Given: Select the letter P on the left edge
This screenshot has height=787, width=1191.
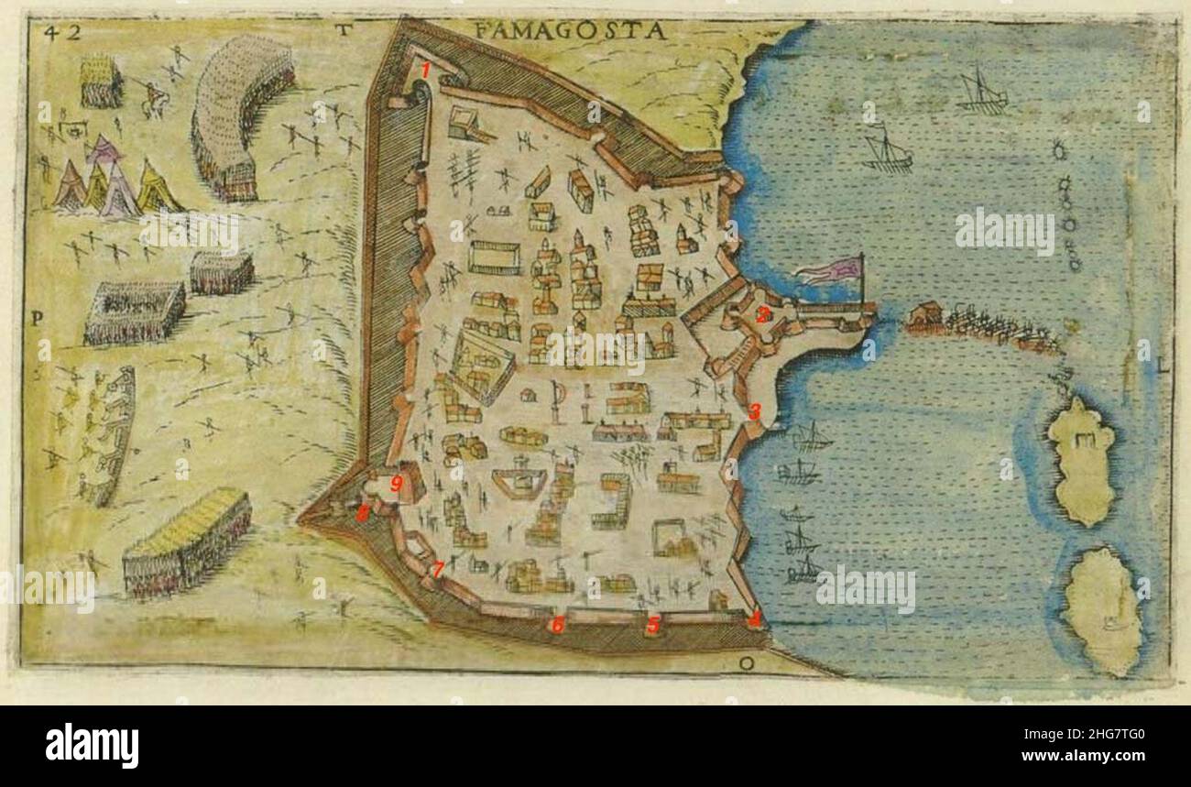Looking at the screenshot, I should pos(38,319).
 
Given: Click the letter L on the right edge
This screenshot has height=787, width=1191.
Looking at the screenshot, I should pos(1164,368).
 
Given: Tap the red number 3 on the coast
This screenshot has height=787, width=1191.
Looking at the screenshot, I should pos(754,411).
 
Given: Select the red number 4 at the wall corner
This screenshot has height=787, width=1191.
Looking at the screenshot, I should pos(754,618).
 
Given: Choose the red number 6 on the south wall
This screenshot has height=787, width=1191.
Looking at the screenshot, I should pos(555,626).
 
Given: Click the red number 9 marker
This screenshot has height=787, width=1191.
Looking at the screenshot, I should pos(397,484).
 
